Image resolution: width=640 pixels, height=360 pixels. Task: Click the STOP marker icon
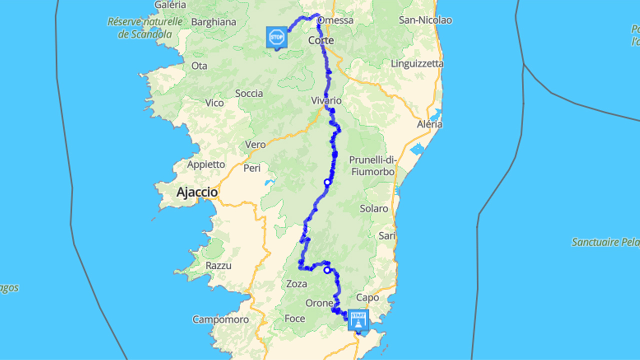(277, 37)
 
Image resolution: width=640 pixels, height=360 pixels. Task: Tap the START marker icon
(358, 319)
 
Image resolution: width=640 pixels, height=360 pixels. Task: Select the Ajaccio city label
(197, 192)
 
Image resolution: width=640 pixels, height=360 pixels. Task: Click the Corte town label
(321, 40)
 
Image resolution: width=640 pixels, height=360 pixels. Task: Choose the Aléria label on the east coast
(430, 124)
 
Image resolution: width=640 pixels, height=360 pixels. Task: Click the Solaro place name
(374, 209)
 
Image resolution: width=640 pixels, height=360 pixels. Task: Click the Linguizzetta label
(417, 64)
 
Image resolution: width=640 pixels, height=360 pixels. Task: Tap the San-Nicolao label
(426, 20)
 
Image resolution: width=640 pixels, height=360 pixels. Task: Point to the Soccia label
(249, 93)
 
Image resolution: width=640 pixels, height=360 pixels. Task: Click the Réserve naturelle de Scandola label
(145, 28)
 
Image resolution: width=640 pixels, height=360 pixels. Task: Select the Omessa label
(336, 20)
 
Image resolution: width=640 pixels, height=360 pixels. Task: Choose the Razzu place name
(218, 266)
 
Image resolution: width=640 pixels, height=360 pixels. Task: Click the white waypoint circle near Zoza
(327, 270)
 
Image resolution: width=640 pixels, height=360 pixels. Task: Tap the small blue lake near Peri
(270, 183)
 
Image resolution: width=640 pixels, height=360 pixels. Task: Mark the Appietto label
(206, 164)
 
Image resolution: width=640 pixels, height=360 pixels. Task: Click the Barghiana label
(214, 22)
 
